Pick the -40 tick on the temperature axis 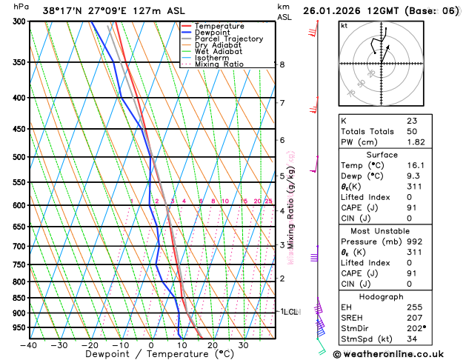(30, 345)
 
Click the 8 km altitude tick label (282, 64)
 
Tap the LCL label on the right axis (290, 312)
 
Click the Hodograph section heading (397, 295)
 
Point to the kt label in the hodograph (344, 26)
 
